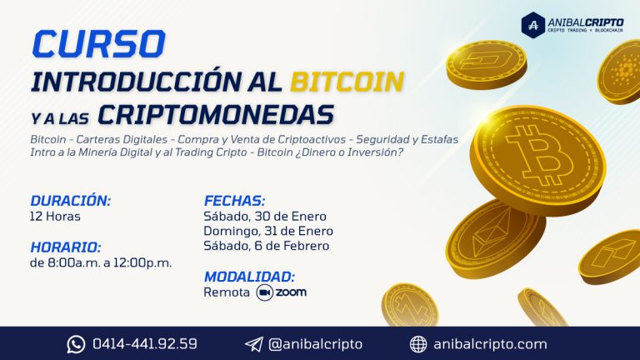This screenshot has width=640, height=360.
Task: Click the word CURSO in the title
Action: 99,43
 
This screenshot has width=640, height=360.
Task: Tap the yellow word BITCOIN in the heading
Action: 347,81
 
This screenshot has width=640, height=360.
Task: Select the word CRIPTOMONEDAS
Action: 216,115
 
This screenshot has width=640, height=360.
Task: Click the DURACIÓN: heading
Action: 70,200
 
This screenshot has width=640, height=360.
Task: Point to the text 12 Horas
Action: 55,217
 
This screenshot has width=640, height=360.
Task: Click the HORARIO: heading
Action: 65,247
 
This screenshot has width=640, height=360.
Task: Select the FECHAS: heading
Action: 234,201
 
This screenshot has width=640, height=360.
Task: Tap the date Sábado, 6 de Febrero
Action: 266,246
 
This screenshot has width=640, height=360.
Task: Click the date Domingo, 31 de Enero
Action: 268,231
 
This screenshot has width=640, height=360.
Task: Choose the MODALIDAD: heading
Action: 249,277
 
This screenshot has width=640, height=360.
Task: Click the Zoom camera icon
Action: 264,292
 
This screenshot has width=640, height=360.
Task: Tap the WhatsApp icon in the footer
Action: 77,344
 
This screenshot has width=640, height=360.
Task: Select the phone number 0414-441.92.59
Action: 145,343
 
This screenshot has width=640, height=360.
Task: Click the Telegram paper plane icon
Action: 254,344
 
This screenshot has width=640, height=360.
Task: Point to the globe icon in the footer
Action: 418,344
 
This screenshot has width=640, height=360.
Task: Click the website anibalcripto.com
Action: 490,344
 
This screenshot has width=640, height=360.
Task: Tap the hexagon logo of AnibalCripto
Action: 533,25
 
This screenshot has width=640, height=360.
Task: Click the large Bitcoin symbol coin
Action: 538,160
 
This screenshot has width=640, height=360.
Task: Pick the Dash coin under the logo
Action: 486,64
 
